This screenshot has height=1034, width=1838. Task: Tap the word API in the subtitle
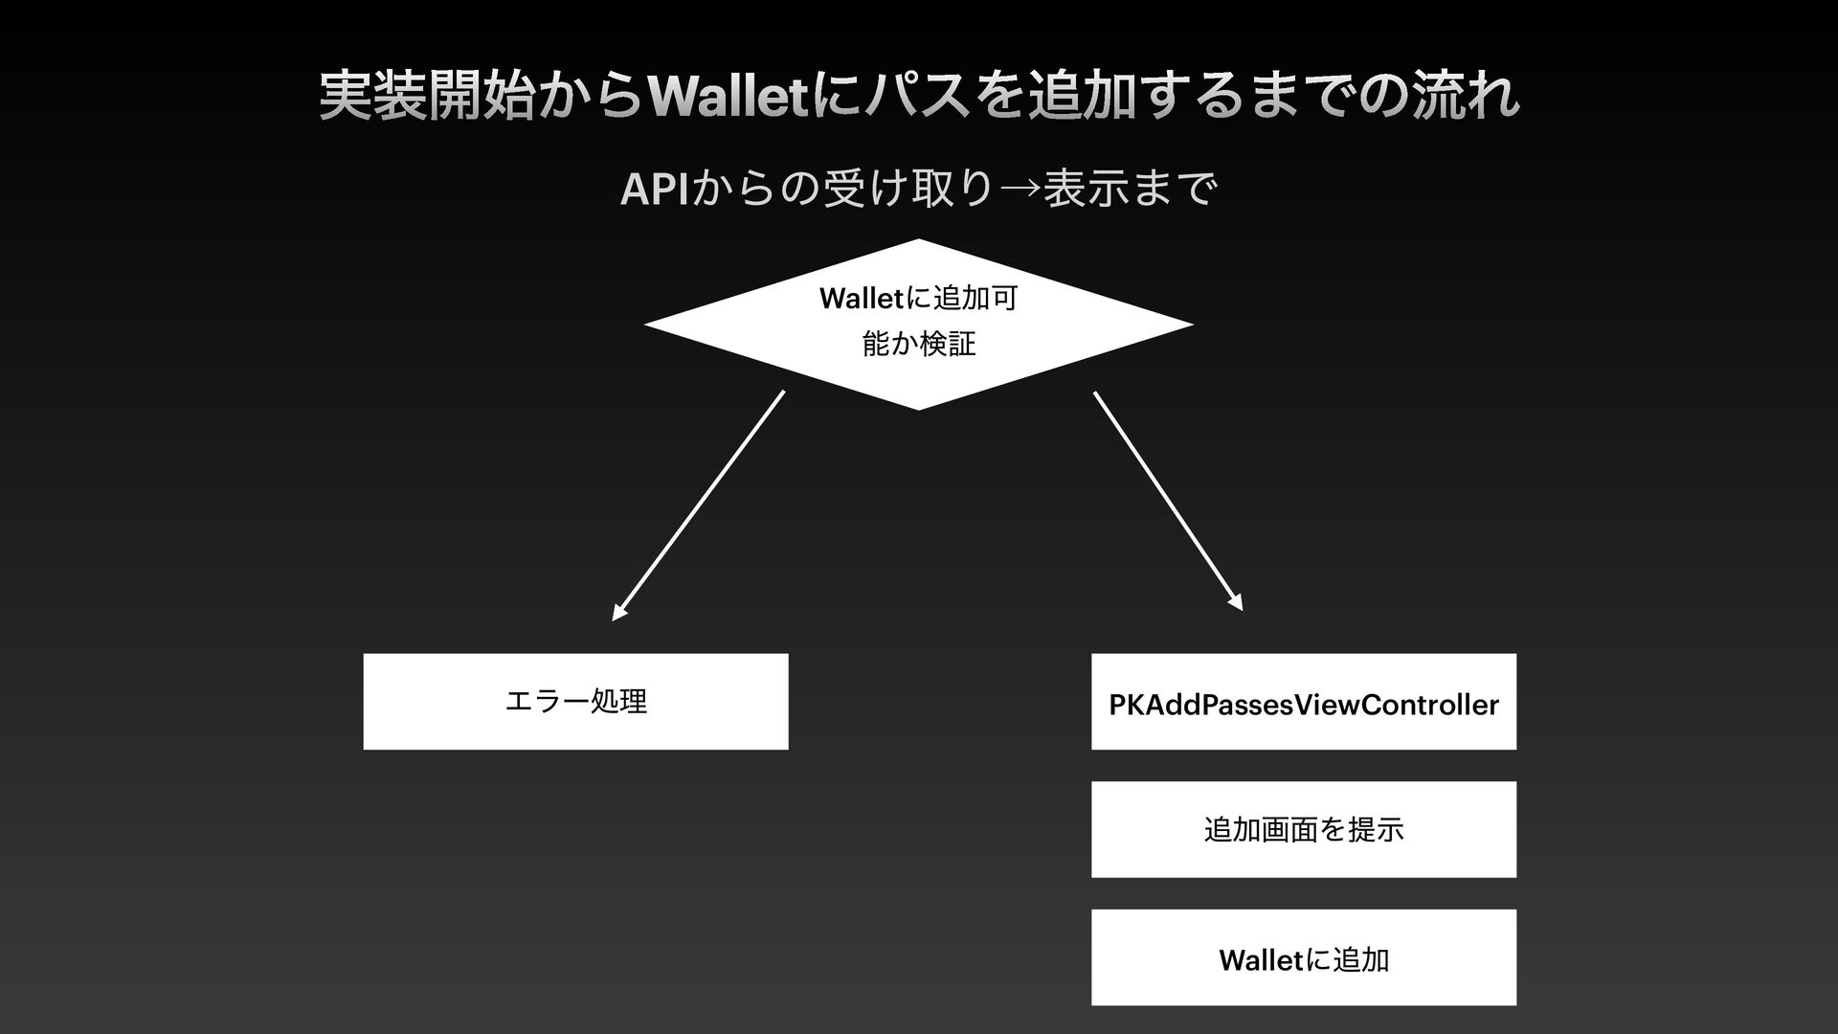(x=654, y=191)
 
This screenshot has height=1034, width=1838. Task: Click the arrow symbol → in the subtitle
(x=1020, y=189)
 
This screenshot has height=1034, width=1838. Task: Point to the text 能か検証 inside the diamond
(x=919, y=344)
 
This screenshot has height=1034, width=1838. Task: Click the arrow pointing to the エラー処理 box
(x=699, y=505)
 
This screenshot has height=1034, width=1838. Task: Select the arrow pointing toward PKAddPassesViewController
(x=1168, y=500)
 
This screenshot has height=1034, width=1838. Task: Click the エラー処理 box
(x=575, y=702)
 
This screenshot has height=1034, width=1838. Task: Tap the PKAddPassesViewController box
(x=1303, y=702)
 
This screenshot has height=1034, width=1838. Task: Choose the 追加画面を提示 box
(x=1303, y=829)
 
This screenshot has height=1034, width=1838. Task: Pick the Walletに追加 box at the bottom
(x=1303, y=957)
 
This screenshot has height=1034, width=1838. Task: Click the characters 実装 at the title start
(x=373, y=97)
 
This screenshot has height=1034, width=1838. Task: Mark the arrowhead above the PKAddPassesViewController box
(x=1237, y=603)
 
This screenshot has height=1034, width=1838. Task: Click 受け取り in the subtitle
(x=905, y=189)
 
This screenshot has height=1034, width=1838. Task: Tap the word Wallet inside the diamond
(x=861, y=299)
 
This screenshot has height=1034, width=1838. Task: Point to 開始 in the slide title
(x=482, y=97)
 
